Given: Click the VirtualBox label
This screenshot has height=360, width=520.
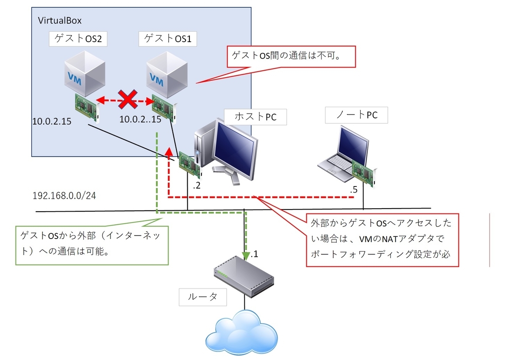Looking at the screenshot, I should click(60, 20).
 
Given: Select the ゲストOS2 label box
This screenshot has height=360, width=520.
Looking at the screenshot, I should click(78, 39).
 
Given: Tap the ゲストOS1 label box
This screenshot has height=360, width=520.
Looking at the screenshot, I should click(168, 39).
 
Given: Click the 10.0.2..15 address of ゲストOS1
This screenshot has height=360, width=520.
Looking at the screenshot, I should click(140, 119).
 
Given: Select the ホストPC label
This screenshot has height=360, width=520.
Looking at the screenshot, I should click(255, 117).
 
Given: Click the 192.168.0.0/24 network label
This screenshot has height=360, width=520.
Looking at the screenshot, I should click(64, 196).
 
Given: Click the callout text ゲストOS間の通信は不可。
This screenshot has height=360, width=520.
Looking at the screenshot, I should click(288, 56).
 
